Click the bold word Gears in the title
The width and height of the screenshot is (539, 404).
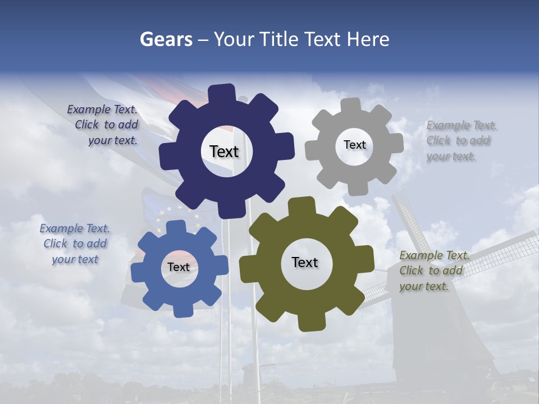pyautogui.click(x=166, y=39)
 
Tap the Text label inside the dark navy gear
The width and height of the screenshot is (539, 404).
pyautogui.click(x=224, y=151)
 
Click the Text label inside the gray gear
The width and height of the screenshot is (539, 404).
pyautogui.click(x=354, y=145)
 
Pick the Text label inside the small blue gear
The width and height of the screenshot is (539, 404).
pyautogui.click(x=179, y=267)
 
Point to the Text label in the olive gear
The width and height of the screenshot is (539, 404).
pyautogui.click(x=305, y=262)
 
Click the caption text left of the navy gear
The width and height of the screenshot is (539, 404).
pyautogui.click(x=104, y=125)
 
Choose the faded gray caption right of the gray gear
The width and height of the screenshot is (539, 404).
pyautogui.click(x=460, y=141)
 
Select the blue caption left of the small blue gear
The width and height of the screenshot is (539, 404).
pyautogui.click(x=75, y=244)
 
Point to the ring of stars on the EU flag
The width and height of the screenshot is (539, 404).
pyautogui.click(x=179, y=216)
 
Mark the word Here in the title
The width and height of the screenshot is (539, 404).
pyautogui.click(x=368, y=39)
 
